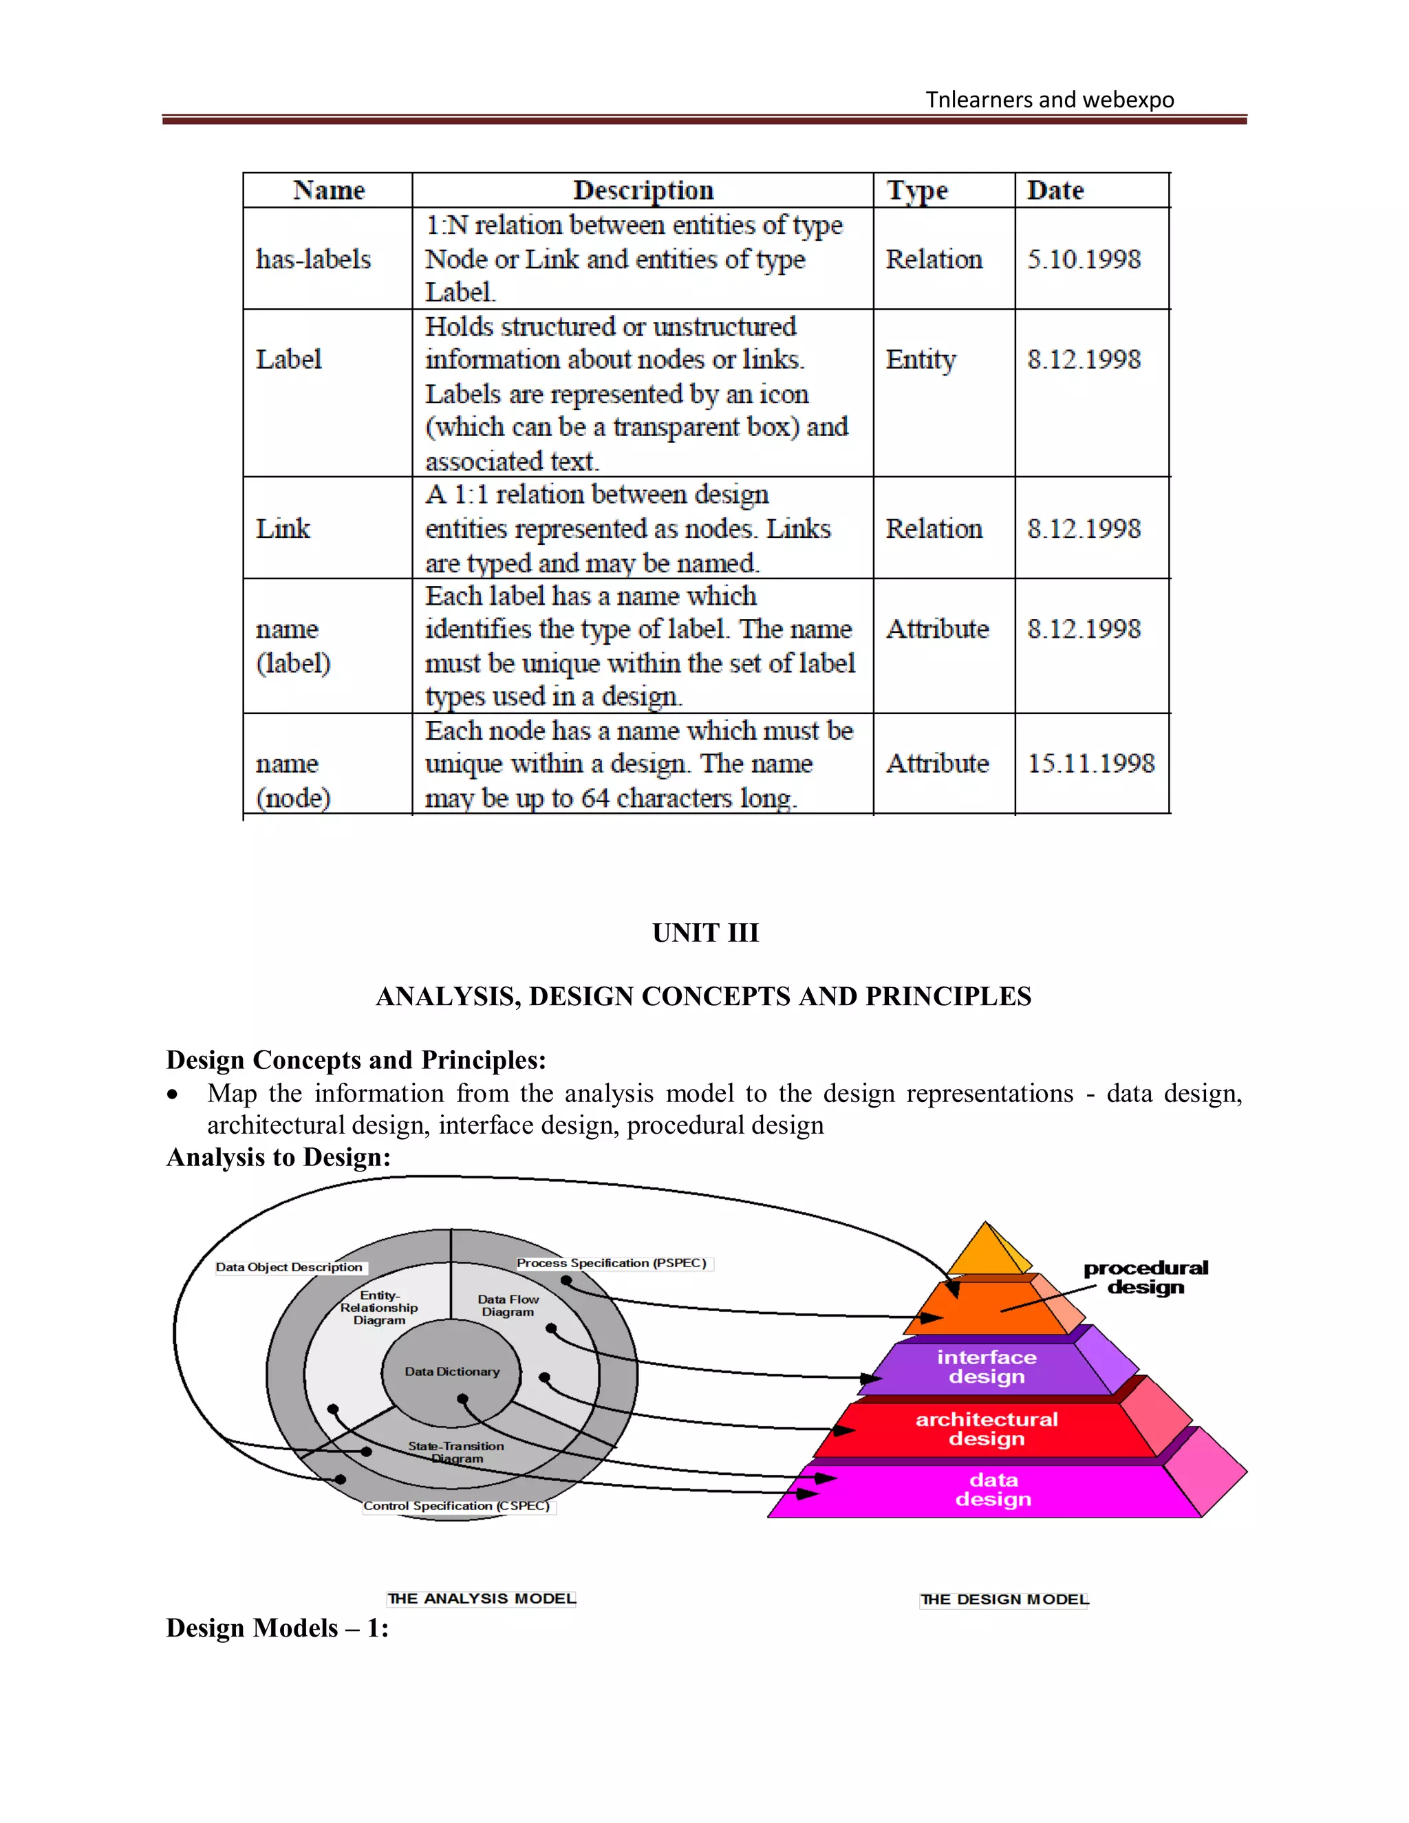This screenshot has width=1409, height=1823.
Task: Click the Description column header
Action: tap(643, 191)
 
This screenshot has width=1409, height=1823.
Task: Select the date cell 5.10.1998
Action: tap(1084, 259)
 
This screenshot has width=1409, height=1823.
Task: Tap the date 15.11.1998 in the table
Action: tap(1090, 763)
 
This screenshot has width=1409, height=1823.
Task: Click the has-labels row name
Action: tap(313, 259)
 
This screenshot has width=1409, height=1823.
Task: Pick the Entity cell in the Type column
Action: tap(921, 360)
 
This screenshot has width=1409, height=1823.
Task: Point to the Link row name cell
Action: tap(283, 528)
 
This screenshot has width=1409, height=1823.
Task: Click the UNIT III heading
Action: tap(704, 932)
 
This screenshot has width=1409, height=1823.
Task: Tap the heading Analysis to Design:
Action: tap(278, 1157)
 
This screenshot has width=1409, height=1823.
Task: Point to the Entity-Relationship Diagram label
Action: tap(379, 1307)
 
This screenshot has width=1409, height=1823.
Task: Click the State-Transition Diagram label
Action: tap(455, 1452)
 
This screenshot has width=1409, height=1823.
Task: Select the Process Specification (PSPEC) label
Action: tap(612, 1263)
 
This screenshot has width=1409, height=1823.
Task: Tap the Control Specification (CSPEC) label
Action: tap(457, 1506)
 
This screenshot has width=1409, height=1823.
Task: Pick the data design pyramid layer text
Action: tap(993, 1489)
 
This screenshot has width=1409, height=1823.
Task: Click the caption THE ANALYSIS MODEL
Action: tap(482, 1599)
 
